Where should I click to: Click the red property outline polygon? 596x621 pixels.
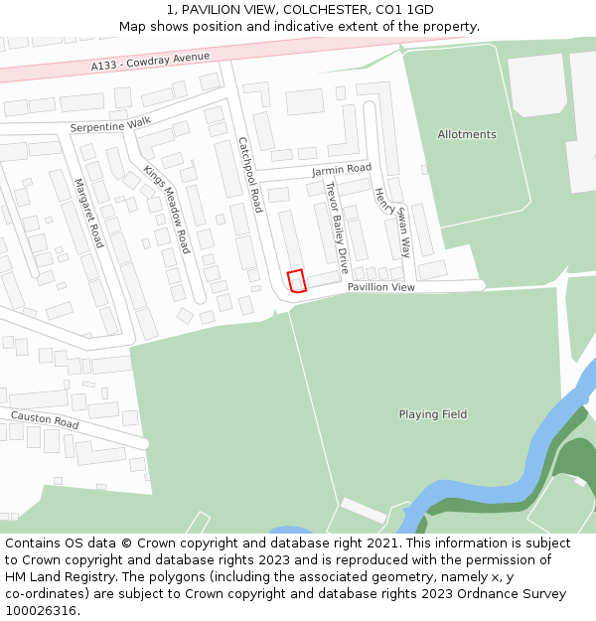click(295, 281)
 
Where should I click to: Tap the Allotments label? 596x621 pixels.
click(466, 134)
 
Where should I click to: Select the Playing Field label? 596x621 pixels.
click(432, 414)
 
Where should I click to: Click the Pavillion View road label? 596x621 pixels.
click(380, 287)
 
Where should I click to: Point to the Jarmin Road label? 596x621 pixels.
click(341, 170)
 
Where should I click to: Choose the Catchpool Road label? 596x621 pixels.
click(249, 175)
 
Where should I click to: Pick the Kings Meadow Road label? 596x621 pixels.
click(166, 209)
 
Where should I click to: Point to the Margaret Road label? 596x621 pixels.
click(88, 213)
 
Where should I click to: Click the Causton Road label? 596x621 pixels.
click(44, 419)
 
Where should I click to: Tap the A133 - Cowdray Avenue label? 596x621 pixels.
click(143, 62)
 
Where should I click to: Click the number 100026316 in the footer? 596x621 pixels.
click(39, 611)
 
